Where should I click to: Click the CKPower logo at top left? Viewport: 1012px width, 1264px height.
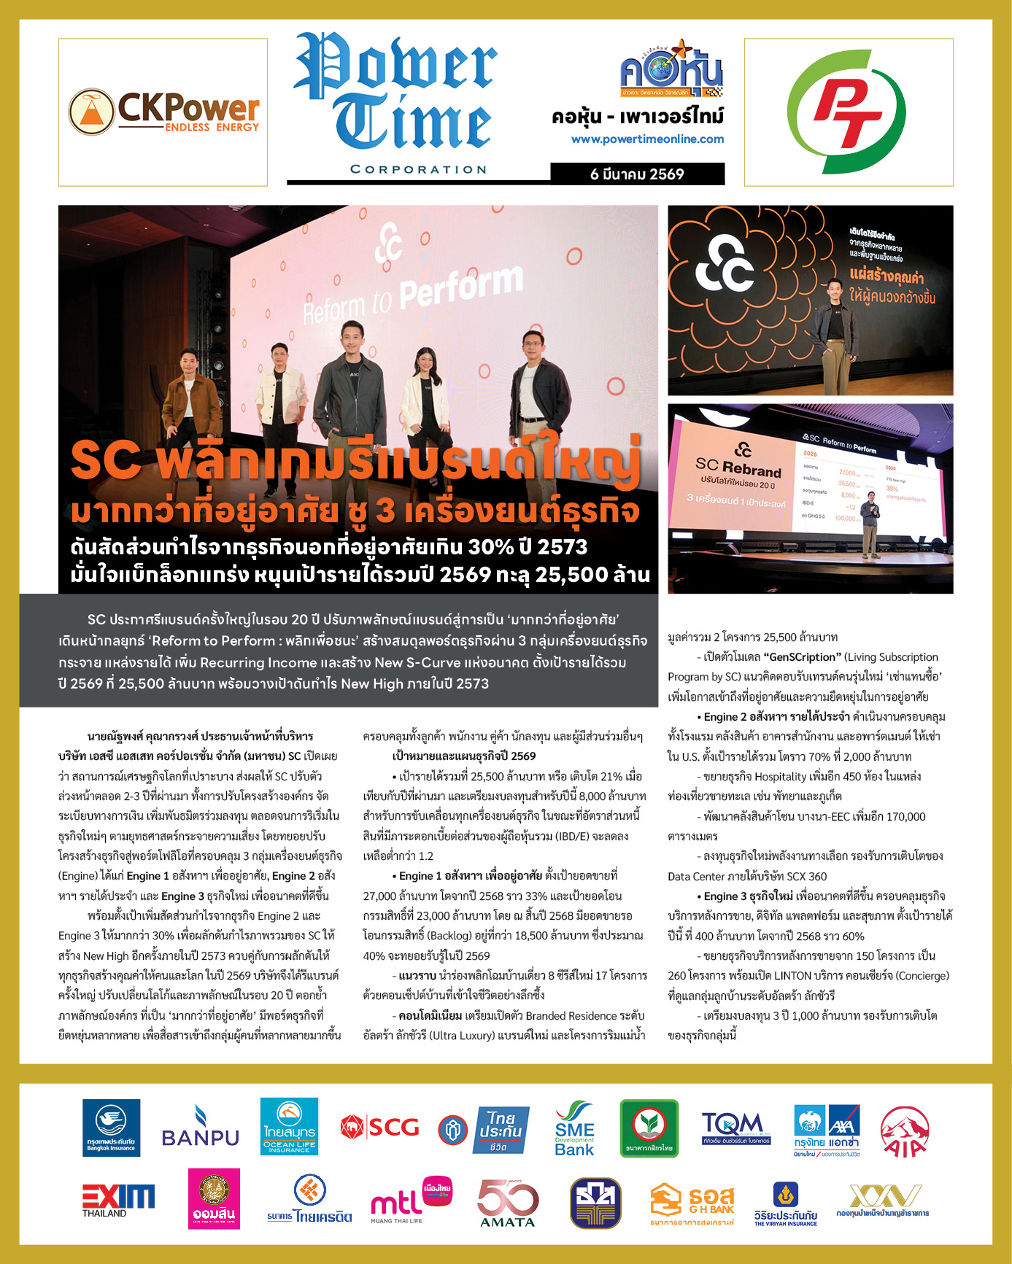pos(163,112)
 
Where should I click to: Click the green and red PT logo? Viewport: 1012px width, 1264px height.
pos(848,112)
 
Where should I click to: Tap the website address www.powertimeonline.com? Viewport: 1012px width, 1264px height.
pos(647,139)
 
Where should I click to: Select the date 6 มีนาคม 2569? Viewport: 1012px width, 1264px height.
pos(637,174)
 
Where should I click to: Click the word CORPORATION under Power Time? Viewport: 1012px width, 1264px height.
pos(418,169)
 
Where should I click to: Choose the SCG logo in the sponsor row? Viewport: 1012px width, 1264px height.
pos(380,1128)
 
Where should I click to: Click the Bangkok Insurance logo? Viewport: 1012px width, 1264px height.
pos(111,1128)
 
